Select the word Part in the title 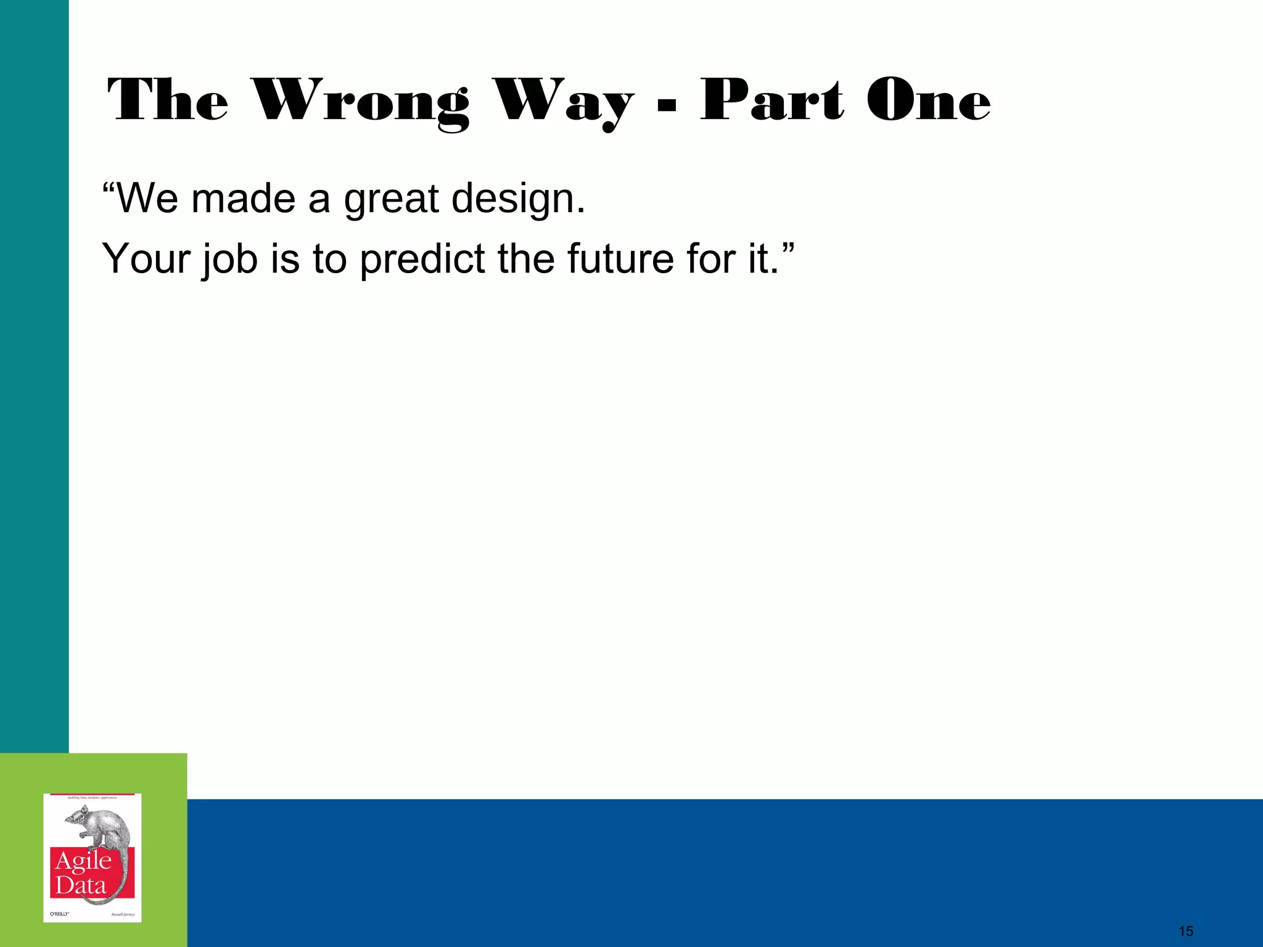click(771, 100)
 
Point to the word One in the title click(928, 100)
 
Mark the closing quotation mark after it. click(788, 248)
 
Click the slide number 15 click(1185, 931)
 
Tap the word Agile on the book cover click(83, 861)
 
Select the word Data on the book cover click(80, 886)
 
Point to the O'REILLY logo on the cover click(59, 914)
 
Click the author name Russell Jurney click(123, 914)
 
